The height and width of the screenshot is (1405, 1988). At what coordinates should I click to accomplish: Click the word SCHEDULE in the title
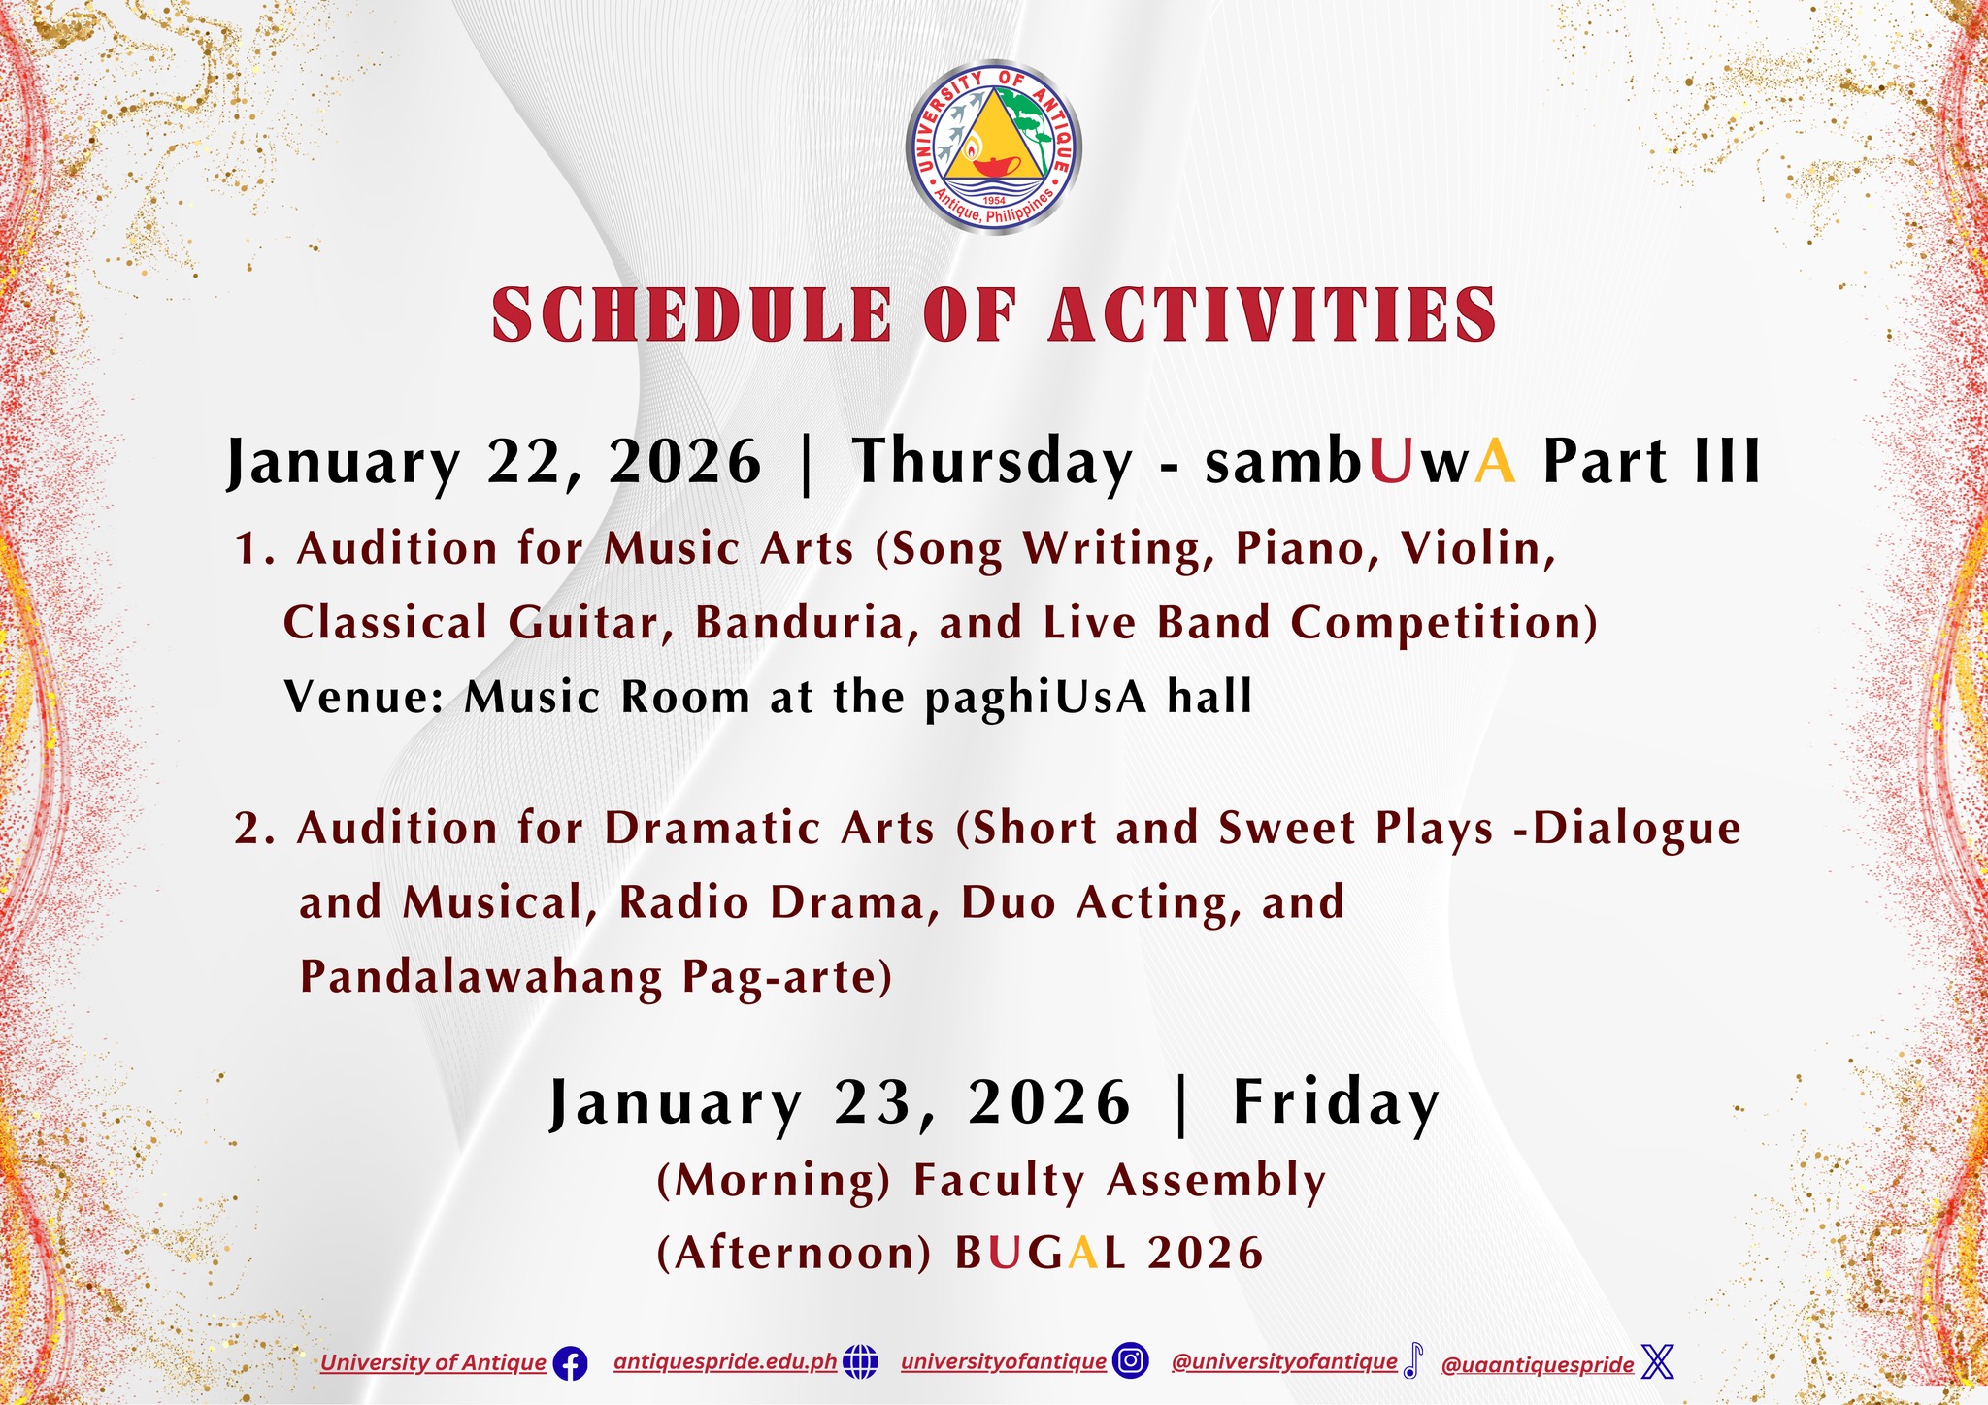coord(692,314)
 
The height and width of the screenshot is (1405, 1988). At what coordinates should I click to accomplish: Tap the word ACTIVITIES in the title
coord(1273,314)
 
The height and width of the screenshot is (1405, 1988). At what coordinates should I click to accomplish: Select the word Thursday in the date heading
coord(992,463)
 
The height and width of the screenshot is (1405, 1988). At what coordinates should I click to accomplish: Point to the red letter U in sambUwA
coord(1389,462)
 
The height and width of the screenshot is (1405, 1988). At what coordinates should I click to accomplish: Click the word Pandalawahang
coord(480,979)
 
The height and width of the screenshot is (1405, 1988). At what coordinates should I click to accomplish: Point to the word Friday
coord(1336,1104)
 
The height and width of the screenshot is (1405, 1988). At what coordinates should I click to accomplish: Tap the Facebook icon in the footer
coord(570,1364)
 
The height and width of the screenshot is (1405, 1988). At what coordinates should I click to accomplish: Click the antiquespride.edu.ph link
coord(725,1361)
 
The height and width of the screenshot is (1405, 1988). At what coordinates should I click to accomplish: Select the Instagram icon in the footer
coord(1130,1361)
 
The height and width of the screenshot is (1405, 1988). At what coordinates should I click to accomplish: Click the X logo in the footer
coord(1658,1362)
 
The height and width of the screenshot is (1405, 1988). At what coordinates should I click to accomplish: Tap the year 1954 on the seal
coord(993,200)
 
